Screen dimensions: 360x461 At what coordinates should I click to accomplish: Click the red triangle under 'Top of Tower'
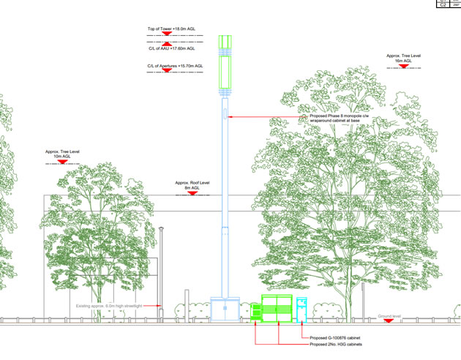pyautogui.click(x=167, y=34)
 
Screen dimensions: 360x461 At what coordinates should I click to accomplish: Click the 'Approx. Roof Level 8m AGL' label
pyautogui.click(x=192, y=185)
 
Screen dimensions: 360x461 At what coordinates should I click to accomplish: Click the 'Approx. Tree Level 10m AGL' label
pyautogui.click(x=61, y=154)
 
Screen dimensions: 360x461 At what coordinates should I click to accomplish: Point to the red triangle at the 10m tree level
pyautogui.click(x=61, y=162)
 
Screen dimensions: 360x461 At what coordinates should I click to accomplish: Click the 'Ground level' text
pyautogui.click(x=389, y=315)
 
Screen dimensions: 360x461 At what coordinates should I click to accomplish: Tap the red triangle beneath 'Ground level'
pyautogui.click(x=389, y=321)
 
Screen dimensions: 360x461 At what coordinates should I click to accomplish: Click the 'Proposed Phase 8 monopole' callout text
pyautogui.click(x=340, y=119)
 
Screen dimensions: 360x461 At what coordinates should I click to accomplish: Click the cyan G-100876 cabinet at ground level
pyautogui.click(x=301, y=309)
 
